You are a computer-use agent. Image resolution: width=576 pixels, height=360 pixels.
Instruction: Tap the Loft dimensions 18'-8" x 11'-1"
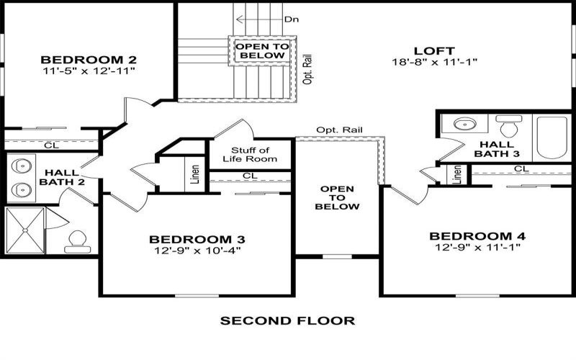[434, 62]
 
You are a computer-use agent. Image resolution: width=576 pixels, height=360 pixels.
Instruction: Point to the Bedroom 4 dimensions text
[477, 247]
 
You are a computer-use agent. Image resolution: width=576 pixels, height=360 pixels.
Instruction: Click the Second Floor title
[287, 320]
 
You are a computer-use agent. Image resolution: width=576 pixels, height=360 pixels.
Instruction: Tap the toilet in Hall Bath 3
[509, 127]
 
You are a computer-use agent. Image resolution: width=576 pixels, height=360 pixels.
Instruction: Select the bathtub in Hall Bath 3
[552, 138]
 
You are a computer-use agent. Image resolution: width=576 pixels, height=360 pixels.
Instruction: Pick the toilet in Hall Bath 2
[74, 240]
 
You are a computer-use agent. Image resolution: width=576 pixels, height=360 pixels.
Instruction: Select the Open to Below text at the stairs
[262, 50]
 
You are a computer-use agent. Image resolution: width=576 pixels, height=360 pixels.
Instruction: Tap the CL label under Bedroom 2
[51, 145]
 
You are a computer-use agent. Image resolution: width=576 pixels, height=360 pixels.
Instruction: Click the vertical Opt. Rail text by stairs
[307, 68]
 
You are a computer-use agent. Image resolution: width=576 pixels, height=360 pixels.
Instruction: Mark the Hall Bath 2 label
[63, 177]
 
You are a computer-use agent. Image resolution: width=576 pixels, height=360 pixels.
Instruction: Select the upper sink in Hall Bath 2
[23, 163]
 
